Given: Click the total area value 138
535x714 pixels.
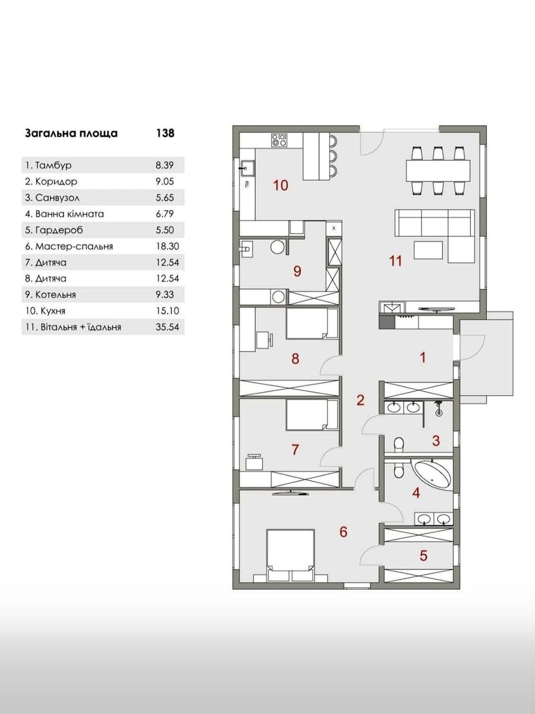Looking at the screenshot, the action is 165,133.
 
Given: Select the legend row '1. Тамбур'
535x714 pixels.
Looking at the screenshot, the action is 103,165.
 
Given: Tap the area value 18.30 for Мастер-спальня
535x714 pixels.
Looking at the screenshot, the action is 167,246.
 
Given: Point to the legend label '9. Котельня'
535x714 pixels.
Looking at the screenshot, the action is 51,295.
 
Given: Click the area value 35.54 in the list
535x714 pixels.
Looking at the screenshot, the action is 167,327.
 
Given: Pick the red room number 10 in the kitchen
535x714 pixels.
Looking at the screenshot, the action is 281,186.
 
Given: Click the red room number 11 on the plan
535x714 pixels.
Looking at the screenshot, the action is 396,261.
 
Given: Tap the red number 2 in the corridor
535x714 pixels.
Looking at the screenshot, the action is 360,400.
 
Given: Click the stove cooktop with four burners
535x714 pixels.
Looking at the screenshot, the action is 279,140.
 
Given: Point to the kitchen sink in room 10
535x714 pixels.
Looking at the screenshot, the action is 247,168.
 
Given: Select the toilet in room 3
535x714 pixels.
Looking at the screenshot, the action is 398,444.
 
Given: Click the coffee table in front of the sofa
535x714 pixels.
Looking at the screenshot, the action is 428,250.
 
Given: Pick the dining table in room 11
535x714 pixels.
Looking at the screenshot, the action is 438,171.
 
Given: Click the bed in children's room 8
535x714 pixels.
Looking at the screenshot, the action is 312,324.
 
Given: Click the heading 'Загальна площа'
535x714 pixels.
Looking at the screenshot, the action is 71,134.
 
